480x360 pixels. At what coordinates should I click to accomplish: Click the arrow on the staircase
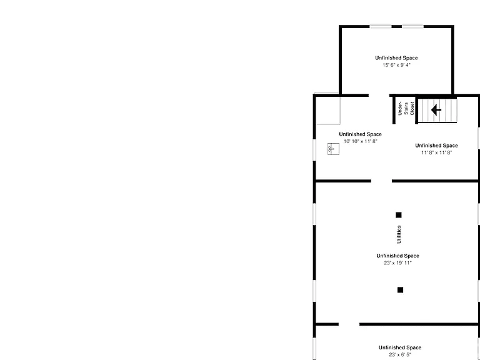click(436, 109)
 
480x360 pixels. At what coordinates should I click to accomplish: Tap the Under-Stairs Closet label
click(406, 109)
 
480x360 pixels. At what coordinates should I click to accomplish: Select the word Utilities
click(399, 234)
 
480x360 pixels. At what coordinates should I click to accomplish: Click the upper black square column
click(399, 215)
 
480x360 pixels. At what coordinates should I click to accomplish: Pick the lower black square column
click(400, 290)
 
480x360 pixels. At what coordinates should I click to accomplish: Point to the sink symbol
click(333, 149)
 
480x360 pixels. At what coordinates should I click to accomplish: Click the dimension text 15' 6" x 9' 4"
click(396, 65)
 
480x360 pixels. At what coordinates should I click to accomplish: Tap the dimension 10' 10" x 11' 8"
click(361, 141)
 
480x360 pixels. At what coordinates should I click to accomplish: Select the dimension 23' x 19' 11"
click(398, 263)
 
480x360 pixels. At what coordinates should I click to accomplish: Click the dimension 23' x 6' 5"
click(400, 355)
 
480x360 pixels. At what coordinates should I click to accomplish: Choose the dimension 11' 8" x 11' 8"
click(436, 152)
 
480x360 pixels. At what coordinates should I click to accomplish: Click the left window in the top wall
click(381, 27)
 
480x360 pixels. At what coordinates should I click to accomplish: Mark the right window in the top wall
click(412, 27)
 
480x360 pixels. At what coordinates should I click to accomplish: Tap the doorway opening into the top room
click(379, 96)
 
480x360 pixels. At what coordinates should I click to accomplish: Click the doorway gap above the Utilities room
click(381, 181)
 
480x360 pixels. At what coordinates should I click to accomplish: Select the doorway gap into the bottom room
click(349, 324)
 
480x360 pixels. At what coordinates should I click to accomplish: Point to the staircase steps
click(437, 110)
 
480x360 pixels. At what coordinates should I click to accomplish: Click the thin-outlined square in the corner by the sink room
click(327, 109)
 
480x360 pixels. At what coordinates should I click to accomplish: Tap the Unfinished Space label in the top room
click(396, 58)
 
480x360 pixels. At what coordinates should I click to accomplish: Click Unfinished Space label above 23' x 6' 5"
click(400, 347)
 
